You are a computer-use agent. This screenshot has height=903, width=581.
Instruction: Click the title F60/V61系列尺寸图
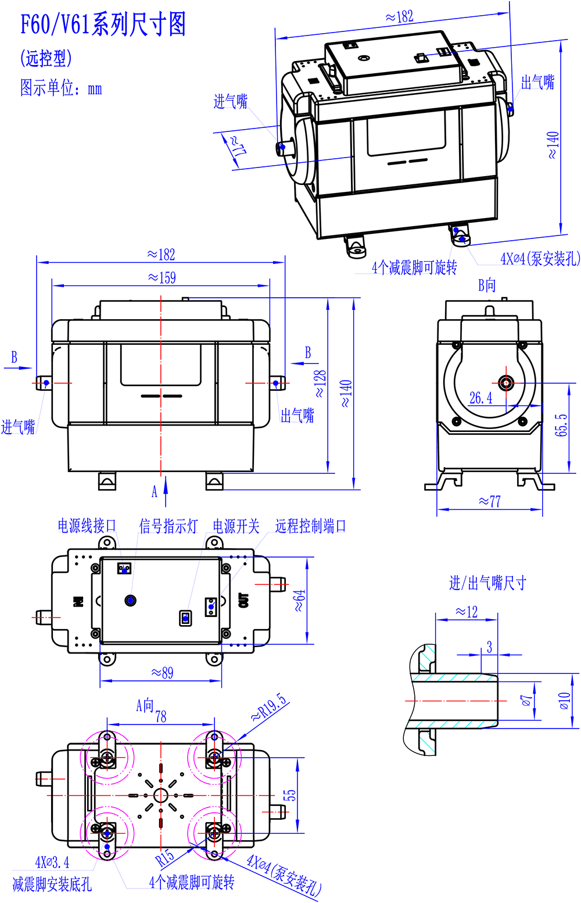pyautogui.click(x=103, y=24)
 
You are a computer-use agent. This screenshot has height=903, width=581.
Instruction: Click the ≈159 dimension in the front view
pyautogui.click(x=162, y=277)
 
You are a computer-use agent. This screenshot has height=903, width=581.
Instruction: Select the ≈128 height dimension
pyautogui.click(x=320, y=384)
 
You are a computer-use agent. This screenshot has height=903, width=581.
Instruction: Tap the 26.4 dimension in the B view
pyautogui.click(x=480, y=398)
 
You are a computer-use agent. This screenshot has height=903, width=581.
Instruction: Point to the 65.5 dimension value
pyautogui.click(x=561, y=425)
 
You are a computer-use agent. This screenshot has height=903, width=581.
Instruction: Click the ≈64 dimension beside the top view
pyautogui.click(x=299, y=601)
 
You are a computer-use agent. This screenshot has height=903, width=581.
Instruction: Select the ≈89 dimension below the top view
pyautogui.click(x=162, y=673)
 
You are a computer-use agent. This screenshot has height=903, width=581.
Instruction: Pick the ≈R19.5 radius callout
pyautogui.click(x=269, y=708)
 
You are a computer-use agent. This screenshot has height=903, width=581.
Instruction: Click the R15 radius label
pyautogui.click(x=165, y=858)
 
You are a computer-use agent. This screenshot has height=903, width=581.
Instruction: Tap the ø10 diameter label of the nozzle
pyautogui.click(x=564, y=701)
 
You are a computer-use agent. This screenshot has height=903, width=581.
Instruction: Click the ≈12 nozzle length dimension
pyautogui.click(x=466, y=612)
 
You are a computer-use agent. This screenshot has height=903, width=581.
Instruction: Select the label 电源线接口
pyautogui.click(x=87, y=526)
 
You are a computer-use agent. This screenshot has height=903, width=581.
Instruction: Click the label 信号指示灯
pyautogui.click(x=168, y=526)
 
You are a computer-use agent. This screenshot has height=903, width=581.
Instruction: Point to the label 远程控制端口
pyautogui.click(x=311, y=526)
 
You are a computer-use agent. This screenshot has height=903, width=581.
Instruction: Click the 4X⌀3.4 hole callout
pyautogui.click(x=52, y=862)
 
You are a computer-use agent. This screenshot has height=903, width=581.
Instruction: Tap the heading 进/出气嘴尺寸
pyautogui.click(x=487, y=583)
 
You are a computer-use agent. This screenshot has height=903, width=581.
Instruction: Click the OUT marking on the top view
pyautogui.click(x=243, y=601)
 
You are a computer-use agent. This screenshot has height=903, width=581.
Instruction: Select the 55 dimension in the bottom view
pyautogui.click(x=289, y=795)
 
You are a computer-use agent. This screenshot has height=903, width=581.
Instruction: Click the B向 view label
pyautogui.click(x=487, y=285)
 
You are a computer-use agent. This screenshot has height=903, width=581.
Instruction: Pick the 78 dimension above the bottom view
pyautogui.click(x=161, y=716)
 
